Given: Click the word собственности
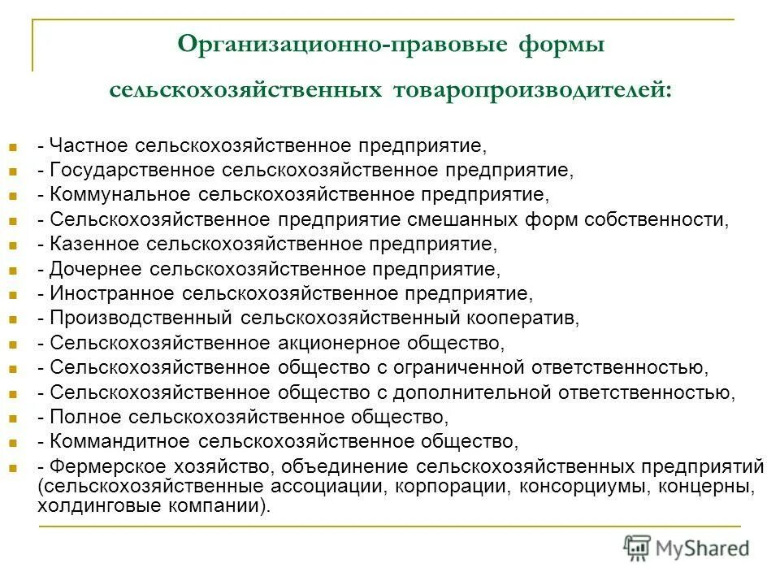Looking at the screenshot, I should point(662,219).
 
